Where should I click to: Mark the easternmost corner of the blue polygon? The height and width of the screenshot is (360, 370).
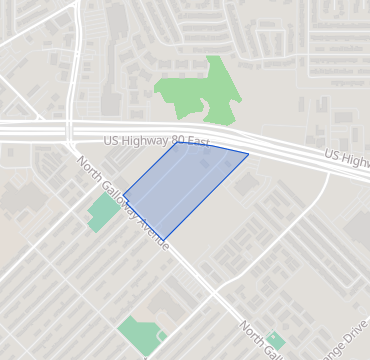pyautogui.click(x=248, y=154)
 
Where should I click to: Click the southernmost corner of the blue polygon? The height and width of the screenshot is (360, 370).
pyautogui.click(x=163, y=240)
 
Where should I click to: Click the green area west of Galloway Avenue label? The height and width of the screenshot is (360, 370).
pyautogui.click(x=101, y=212)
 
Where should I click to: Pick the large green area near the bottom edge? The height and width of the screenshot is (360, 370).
pyautogui.click(x=140, y=334)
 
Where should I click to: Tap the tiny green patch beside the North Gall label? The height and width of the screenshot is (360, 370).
pyautogui.click(x=276, y=341)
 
